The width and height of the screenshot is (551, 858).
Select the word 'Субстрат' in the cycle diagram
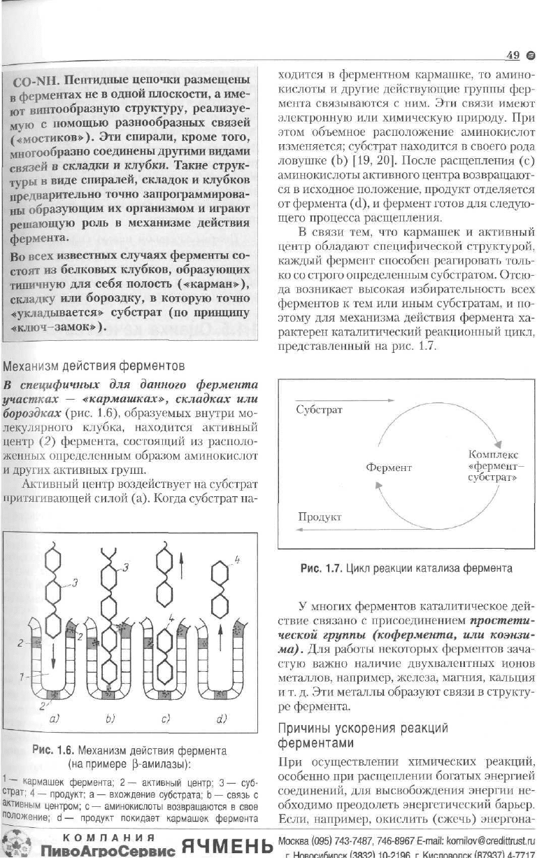[320, 410]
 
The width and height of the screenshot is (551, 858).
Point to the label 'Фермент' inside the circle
[388, 466]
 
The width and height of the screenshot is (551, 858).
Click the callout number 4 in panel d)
[236, 560]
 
